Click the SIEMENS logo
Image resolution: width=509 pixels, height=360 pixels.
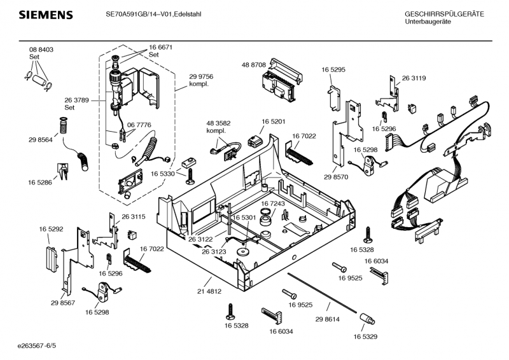(x=45, y=15)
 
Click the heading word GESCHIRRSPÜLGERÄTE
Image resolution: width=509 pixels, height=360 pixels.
(x=444, y=14)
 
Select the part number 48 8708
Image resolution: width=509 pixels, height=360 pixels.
(x=254, y=65)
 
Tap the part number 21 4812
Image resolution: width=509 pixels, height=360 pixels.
(x=209, y=291)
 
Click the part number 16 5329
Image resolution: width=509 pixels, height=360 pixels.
(x=365, y=336)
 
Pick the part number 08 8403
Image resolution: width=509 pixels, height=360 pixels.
(x=41, y=50)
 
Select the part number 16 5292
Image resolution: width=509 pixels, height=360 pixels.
(x=51, y=229)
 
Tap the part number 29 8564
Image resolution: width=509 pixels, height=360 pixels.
(x=40, y=140)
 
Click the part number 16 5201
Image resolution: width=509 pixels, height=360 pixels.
(x=273, y=121)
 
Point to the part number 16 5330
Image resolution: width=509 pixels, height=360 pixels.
(x=163, y=174)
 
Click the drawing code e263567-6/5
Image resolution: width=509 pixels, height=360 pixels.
(x=37, y=345)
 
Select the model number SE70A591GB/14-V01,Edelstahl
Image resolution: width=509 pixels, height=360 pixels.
(x=153, y=14)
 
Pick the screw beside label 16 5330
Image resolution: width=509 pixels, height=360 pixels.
(x=189, y=172)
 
